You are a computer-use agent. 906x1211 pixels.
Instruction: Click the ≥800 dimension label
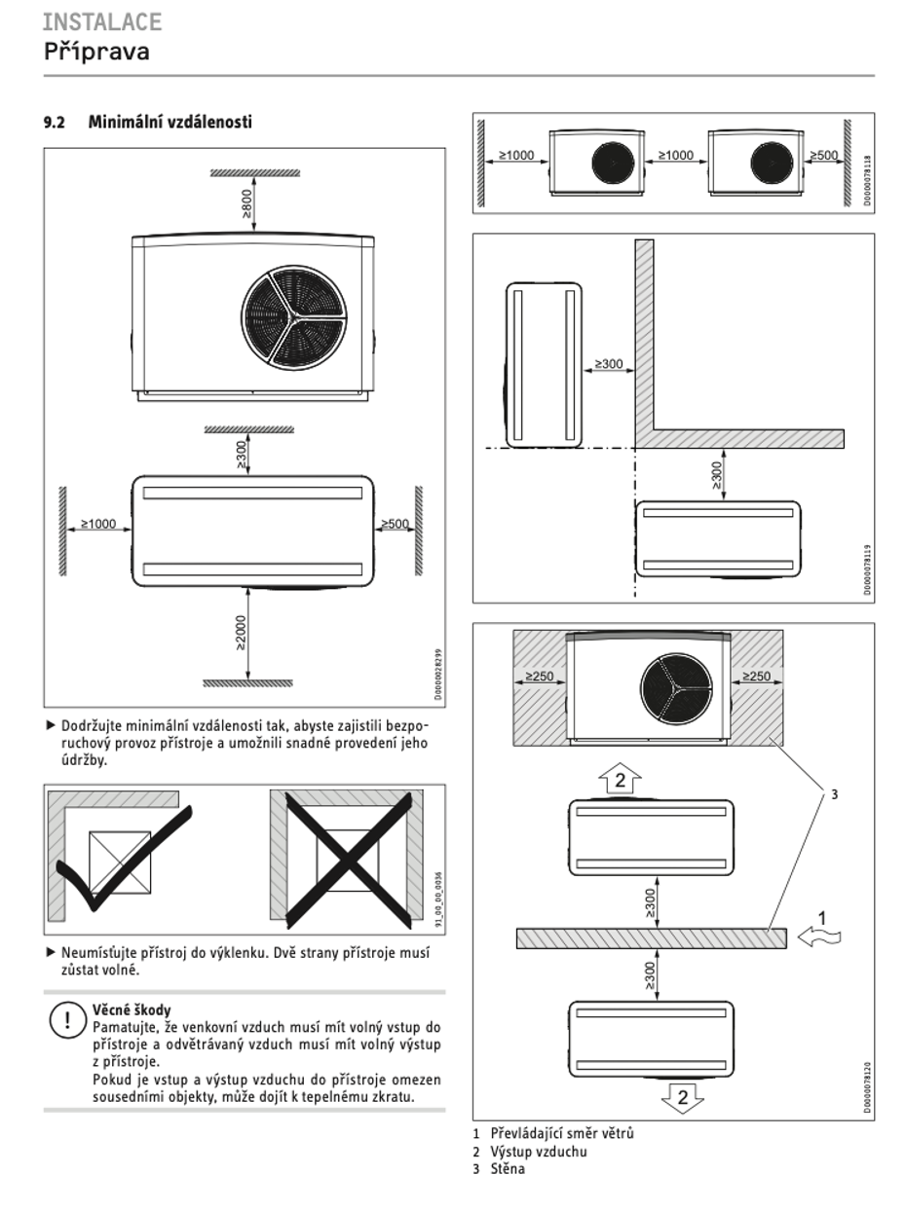coord(246,203)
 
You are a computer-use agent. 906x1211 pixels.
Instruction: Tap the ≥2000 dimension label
coord(241,633)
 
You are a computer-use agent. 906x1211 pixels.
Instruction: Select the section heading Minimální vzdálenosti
coord(170,122)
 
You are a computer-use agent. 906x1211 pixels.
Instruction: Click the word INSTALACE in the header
coord(102,22)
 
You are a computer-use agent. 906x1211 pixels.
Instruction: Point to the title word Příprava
coord(96,52)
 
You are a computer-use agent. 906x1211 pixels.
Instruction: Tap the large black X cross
coord(349,861)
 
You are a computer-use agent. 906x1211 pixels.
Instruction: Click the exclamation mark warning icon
coord(68,1020)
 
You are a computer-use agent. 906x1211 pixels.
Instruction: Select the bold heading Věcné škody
coord(132,1009)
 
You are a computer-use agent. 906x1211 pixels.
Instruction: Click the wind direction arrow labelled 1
coord(819,936)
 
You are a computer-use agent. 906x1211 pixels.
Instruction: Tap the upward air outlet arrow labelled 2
coord(620,780)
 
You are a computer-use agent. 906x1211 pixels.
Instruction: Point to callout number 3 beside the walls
coord(834,794)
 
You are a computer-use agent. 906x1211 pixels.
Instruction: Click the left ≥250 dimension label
coord(540,676)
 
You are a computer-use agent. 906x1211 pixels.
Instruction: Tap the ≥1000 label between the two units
coord(676,155)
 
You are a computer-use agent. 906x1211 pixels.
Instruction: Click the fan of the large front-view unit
coord(293,317)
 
